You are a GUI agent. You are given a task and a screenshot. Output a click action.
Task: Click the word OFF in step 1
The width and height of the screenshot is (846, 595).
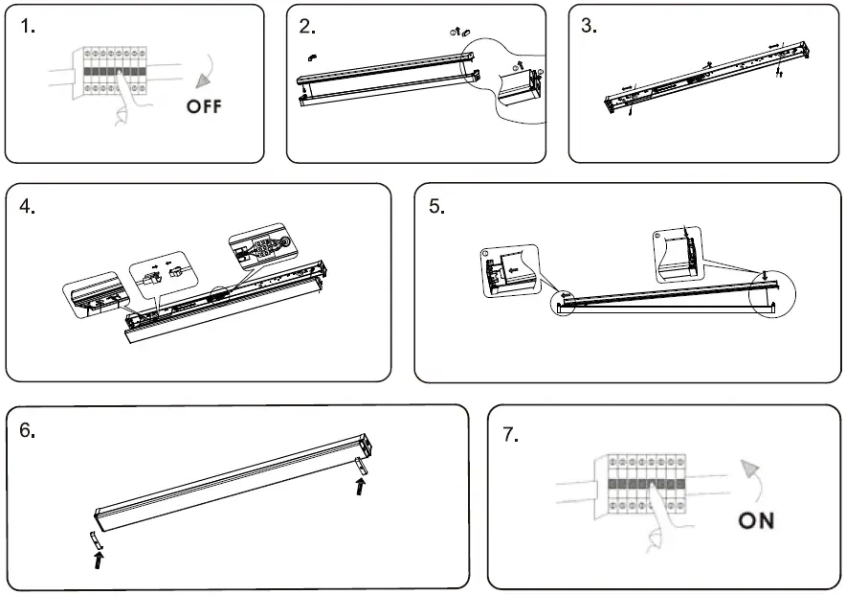coord(203,105)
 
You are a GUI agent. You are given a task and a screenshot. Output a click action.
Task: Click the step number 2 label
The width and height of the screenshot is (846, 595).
coord(307,27)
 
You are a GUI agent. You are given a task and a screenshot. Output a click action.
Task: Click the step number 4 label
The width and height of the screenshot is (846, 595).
coord(28,206)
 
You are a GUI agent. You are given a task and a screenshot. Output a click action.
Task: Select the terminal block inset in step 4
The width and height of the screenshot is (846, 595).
coord(259,252)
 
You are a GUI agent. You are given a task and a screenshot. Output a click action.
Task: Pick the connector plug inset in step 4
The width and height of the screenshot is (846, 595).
coord(160,273)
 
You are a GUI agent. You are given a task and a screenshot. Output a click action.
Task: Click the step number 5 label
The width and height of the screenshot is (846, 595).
coord(436,207)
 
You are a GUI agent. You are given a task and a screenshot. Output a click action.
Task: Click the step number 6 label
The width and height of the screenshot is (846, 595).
coord(28,431)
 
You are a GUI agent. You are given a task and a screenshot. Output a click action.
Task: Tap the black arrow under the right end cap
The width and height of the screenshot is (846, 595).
coord(361,487)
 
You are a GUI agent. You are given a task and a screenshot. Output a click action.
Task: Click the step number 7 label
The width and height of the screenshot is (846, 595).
coord(511,434)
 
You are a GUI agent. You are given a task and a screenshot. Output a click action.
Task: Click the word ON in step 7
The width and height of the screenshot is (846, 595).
coord(756,520)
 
